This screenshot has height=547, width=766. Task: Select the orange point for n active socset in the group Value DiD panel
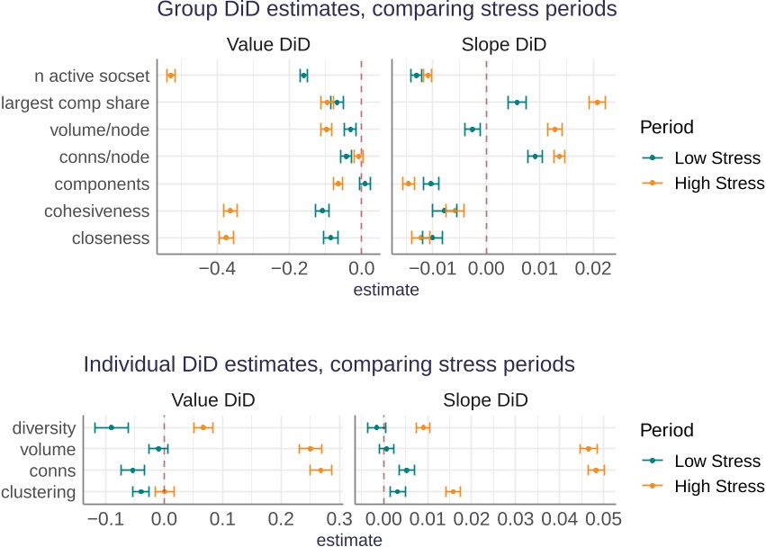click(x=171, y=76)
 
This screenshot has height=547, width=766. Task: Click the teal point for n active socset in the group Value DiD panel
click(x=303, y=76)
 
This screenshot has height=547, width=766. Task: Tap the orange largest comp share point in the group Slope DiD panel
click(x=597, y=103)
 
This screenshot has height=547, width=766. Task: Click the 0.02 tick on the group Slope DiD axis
click(x=592, y=269)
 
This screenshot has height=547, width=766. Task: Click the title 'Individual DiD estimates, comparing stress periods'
click(x=329, y=365)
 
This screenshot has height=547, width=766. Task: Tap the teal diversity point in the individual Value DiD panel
click(x=112, y=427)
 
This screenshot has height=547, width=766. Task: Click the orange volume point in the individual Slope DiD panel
click(x=589, y=448)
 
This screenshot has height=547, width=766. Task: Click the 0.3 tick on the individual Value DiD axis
click(x=339, y=519)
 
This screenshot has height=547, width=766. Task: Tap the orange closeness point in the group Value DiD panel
click(x=226, y=238)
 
